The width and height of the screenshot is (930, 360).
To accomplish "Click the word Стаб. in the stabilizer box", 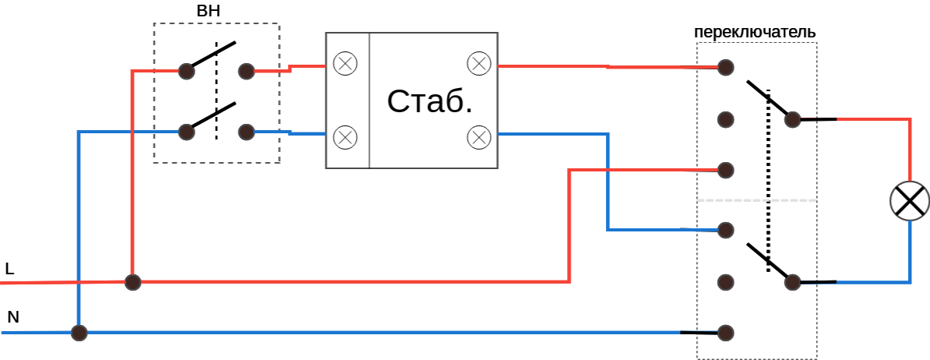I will click(430, 101).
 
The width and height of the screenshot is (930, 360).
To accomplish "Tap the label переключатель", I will click(755, 33).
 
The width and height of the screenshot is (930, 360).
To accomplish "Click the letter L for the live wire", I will click(9, 270).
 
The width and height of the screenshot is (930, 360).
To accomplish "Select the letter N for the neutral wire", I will click(12, 318).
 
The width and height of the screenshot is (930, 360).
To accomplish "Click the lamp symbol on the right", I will click(910, 201).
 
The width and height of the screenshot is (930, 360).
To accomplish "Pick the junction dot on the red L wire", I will click(133, 281).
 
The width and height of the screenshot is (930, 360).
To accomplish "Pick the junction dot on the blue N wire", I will click(79, 333).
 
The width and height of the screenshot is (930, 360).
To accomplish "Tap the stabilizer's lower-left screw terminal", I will click(344, 137).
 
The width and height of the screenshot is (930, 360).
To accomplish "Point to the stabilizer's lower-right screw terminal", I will click(478, 137).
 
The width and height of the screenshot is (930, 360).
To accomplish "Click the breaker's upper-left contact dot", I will click(186, 72).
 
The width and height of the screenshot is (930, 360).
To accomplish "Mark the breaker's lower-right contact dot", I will click(246, 132).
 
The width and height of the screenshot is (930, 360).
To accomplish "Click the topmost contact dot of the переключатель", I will click(726, 68).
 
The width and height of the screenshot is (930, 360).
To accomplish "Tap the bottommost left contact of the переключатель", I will click(726, 333).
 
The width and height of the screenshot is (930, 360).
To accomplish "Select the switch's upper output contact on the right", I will click(792, 119).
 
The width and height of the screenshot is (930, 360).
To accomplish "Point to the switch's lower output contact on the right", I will click(792, 282).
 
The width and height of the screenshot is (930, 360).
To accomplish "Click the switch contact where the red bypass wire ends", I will click(726, 169).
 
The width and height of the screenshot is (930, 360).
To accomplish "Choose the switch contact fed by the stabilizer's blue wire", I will click(726, 230).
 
